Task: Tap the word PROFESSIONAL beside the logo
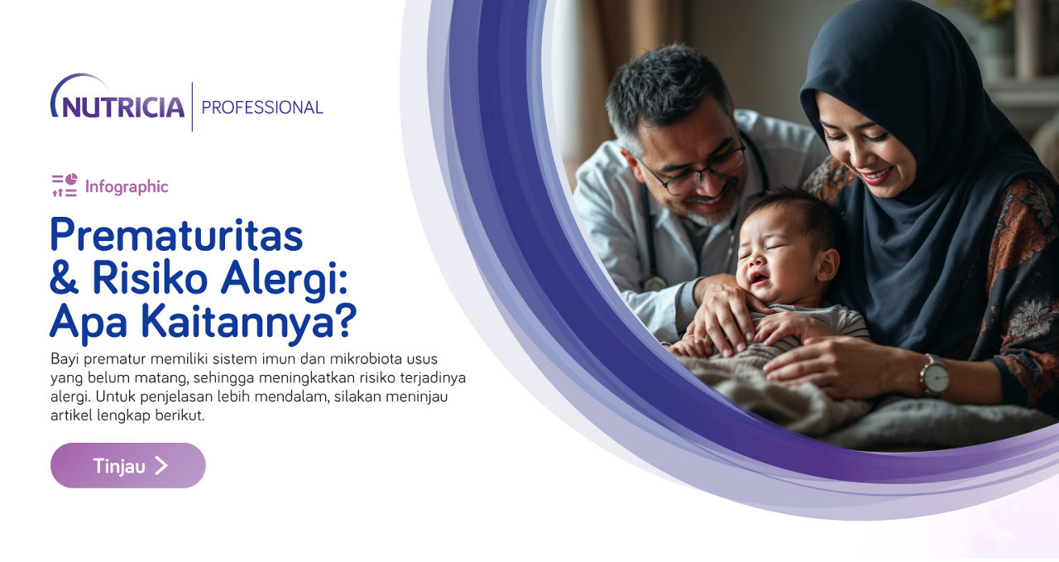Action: click(262, 108)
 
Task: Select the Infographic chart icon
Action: click(65, 185)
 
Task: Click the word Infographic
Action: click(127, 187)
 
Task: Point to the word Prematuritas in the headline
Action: click(176, 235)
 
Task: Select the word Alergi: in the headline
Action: click(284, 280)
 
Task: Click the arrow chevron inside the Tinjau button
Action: click(161, 465)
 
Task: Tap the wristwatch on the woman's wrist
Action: click(934, 376)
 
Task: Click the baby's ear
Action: click(828, 266)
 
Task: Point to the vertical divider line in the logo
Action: click(193, 107)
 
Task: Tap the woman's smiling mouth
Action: click(876, 176)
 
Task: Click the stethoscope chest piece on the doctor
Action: click(654, 284)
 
